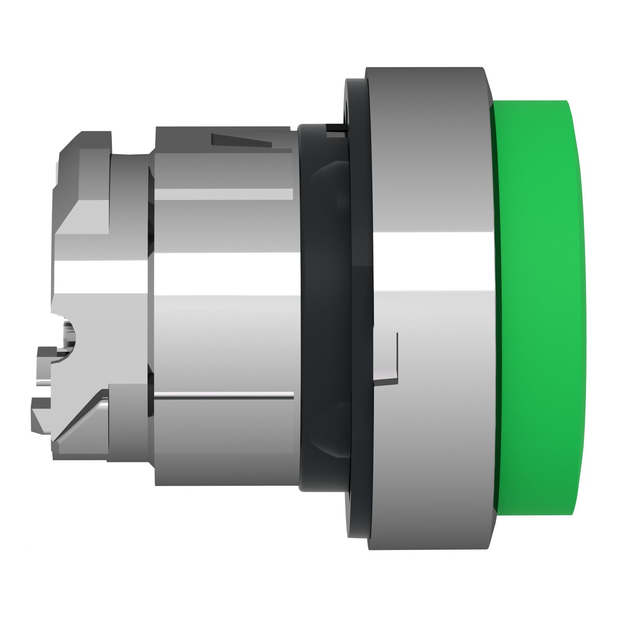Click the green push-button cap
tap(539, 308)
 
